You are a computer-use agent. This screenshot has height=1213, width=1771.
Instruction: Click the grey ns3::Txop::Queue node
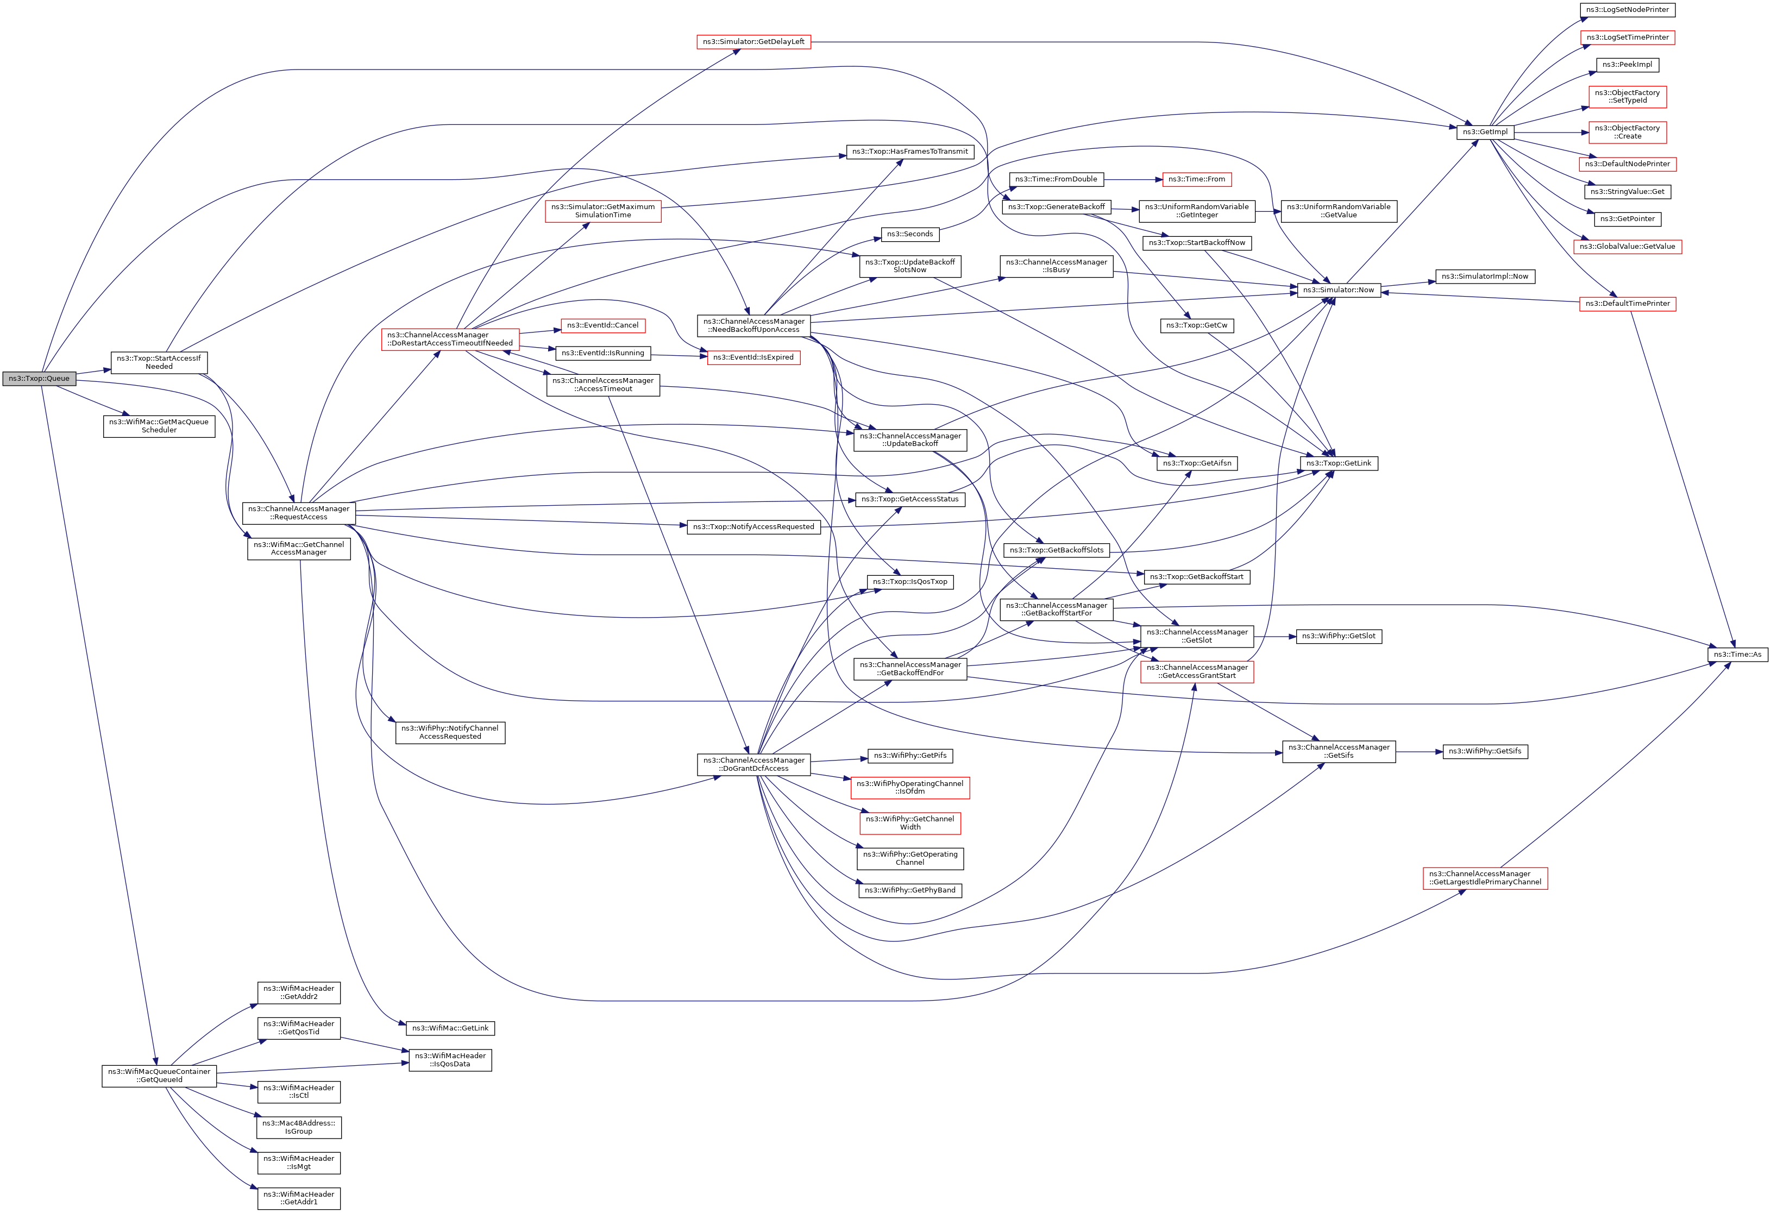[x=39, y=379]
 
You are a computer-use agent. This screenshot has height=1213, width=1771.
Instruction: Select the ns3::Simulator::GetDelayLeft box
[x=753, y=42]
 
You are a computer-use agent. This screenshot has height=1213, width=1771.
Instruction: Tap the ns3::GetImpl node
[x=1485, y=132]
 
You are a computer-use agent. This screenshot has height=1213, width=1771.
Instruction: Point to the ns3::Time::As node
[x=1737, y=655]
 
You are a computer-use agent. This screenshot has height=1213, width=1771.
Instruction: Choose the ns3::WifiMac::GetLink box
[x=450, y=1029]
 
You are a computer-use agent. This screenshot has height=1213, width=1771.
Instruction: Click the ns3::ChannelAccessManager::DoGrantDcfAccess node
[x=753, y=764]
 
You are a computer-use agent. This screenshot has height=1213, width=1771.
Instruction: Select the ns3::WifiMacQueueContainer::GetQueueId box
[x=159, y=1076]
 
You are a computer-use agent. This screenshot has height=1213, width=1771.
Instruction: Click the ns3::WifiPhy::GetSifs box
[x=1485, y=751]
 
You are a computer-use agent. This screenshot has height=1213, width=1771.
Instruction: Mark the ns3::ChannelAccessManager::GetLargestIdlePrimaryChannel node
[x=1485, y=878]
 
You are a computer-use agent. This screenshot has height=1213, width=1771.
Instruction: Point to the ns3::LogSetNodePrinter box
[x=1627, y=10]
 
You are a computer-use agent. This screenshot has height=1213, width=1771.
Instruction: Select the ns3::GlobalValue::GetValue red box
[x=1627, y=247]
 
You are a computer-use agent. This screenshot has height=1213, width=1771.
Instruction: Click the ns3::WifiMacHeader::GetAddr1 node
[x=299, y=1198]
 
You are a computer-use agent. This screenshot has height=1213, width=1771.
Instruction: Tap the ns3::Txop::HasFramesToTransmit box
[x=910, y=152]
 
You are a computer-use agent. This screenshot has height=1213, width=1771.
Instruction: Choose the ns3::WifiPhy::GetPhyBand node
[x=910, y=890]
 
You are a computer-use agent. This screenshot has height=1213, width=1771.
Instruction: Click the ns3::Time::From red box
[x=1196, y=180]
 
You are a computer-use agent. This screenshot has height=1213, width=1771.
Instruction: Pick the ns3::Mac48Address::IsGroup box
[x=299, y=1128]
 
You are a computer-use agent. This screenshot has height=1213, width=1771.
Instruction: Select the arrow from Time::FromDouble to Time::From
[x=1132, y=180]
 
